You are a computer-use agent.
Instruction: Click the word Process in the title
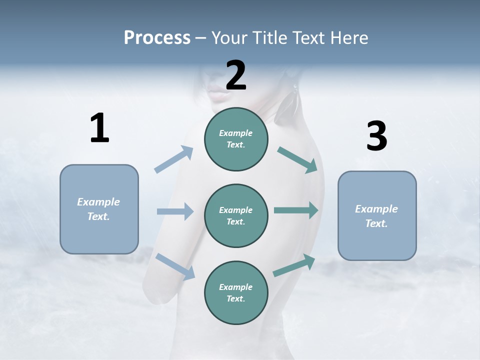pyautogui.click(x=157, y=37)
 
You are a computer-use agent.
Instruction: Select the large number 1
pyautogui.click(x=99, y=128)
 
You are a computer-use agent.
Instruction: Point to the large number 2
pyautogui.click(x=236, y=75)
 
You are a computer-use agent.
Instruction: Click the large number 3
pyautogui.click(x=376, y=136)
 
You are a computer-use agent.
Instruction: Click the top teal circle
pyautogui.click(x=236, y=139)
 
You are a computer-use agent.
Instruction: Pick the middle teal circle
pyautogui.click(x=236, y=215)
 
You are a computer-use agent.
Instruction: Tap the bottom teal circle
pyautogui.click(x=236, y=292)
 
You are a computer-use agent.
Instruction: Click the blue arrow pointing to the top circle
pyautogui.click(x=174, y=159)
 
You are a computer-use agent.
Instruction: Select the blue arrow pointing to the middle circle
pyautogui.click(x=175, y=211)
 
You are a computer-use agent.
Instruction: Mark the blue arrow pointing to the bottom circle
pyautogui.click(x=175, y=266)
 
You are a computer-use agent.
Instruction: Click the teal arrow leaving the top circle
pyautogui.click(x=297, y=160)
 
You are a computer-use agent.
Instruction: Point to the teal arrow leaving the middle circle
pyautogui.click(x=296, y=210)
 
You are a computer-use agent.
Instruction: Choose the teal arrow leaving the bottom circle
pyautogui.click(x=294, y=265)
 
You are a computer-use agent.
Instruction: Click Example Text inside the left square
pyautogui.click(x=98, y=209)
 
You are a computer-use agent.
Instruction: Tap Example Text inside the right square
pyautogui.click(x=376, y=216)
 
